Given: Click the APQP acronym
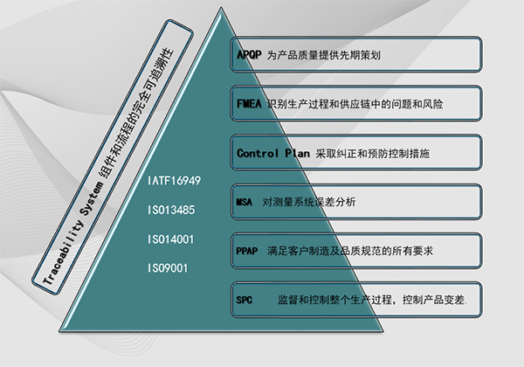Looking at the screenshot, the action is click(x=249, y=54).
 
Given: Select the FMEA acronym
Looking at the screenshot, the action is click(x=249, y=104).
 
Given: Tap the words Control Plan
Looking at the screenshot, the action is click(x=273, y=153).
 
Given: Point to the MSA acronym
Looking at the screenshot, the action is click(x=244, y=202).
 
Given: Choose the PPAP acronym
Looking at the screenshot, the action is click(x=246, y=251).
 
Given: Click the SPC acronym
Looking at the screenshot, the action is click(x=244, y=300).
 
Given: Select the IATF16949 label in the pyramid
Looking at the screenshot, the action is click(x=174, y=181).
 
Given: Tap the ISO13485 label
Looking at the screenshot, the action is click(x=171, y=210).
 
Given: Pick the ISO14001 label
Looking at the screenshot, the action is click(x=171, y=239).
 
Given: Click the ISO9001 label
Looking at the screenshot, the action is click(x=168, y=268).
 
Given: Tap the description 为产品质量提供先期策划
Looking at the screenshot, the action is click(x=323, y=55).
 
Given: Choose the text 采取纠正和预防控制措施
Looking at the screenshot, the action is click(x=373, y=154).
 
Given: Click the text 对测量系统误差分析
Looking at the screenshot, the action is click(x=309, y=202).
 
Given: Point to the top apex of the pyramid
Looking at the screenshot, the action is click(x=221, y=7).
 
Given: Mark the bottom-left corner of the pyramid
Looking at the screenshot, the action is click(x=59, y=331).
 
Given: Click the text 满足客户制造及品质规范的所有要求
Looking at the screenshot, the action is click(x=350, y=251).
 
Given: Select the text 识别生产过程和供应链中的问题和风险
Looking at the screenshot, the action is click(x=355, y=104).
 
